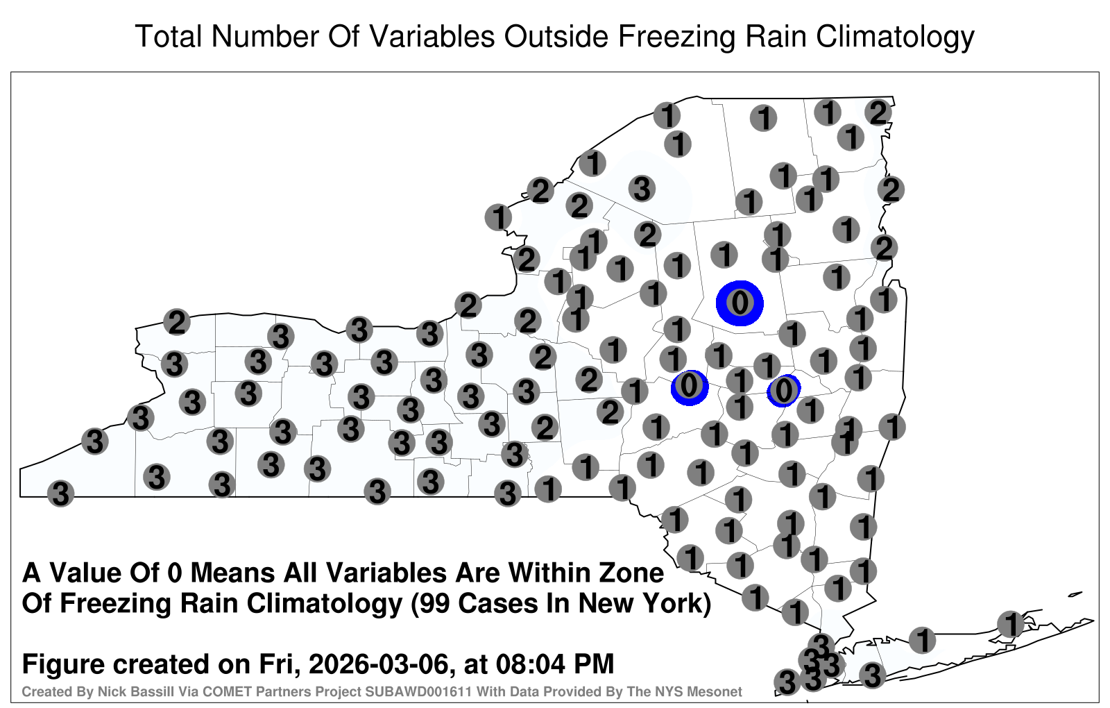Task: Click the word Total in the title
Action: [169, 36]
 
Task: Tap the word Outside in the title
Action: [556, 36]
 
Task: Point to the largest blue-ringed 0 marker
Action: [740, 303]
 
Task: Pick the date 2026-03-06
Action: [379, 664]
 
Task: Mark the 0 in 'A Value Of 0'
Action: [174, 573]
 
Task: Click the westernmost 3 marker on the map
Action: [60, 494]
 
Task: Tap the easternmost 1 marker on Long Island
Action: [1010, 624]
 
